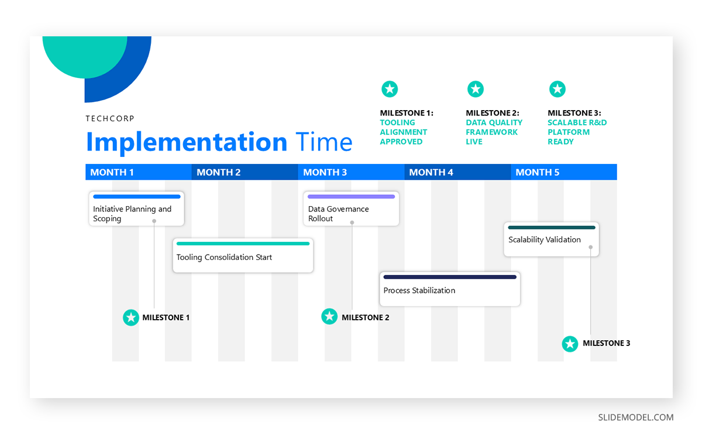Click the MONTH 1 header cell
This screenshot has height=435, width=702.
coord(138,172)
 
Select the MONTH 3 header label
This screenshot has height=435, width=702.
coord(325,172)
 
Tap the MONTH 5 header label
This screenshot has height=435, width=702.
coord(538,172)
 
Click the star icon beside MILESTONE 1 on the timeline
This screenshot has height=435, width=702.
coord(131,317)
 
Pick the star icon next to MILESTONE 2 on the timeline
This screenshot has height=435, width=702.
coord(329,317)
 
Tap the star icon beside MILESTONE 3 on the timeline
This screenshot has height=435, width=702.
coord(570,344)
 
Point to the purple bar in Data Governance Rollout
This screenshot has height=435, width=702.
coord(351,197)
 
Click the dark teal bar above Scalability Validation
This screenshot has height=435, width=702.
coord(551,227)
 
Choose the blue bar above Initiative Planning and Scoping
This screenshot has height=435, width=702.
coord(136,197)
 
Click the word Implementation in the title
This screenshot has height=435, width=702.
coord(186,142)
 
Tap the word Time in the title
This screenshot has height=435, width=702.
coord(324,142)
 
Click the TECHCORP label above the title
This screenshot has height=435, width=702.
coord(110,118)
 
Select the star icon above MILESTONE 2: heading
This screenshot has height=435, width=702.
coord(476,90)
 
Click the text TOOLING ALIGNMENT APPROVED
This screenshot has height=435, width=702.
coord(403,132)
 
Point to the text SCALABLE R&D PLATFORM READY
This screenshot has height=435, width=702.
coord(576,132)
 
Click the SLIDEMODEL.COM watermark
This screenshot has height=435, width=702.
coord(635,417)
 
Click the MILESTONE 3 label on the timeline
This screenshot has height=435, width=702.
coord(606,344)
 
